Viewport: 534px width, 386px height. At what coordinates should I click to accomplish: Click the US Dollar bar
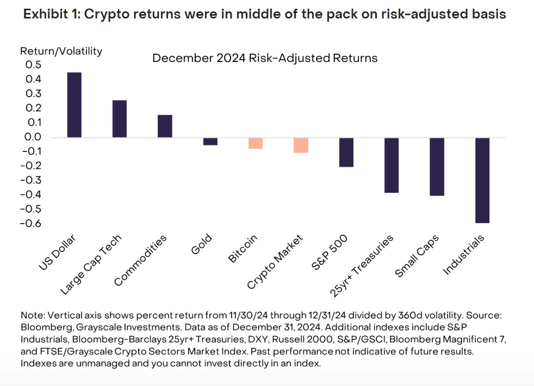pyautogui.click(x=74, y=105)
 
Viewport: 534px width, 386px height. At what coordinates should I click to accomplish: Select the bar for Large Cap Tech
pyautogui.click(x=120, y=119)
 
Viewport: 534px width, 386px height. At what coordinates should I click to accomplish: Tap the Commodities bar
pyautogui.click(x=165, y=126)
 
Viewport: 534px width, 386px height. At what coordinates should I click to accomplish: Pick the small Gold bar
pyautogui.click(x=210, y=141)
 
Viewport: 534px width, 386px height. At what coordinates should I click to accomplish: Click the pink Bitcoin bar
pyautogui.click(x=256, y=143)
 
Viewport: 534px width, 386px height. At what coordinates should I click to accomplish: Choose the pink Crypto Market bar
pyautogui.click(x=301, y=145)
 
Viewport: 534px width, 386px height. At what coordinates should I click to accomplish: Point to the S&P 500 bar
pyautogui.click(x=346, y=152)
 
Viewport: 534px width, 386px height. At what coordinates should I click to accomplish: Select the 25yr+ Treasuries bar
pyautogui.click(x=392, y=165)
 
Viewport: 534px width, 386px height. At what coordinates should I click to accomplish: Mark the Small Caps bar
pyautogui.click(x=437, y=167)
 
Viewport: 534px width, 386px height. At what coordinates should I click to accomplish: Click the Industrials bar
pyautogui.click(x=482, y=180)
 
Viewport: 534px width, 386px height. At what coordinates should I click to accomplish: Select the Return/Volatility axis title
pyautogui.click(x=61, y=52)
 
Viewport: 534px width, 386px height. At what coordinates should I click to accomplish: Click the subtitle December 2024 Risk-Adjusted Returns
pyautogui.click(x=265, y=58)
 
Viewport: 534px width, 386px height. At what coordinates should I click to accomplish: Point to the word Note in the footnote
pyautogui.click(x=32, y=315)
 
